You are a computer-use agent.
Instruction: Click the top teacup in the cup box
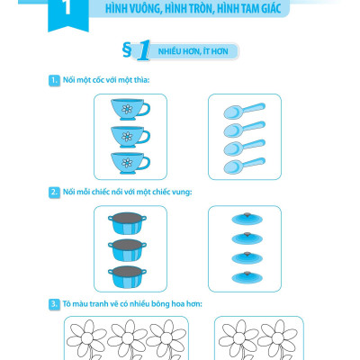coord(130,110)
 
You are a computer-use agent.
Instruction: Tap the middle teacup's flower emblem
coord(127,137)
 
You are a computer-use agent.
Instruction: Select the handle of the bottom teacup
coord(145,163)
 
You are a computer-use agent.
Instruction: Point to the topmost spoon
coord(244,111)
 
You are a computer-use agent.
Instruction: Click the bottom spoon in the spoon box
coord(244,166)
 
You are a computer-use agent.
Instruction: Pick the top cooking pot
coord(127,223)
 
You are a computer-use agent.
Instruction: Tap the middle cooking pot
coord(127,250)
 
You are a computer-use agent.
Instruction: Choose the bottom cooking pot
coord(127,276)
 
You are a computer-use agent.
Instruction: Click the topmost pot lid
coord(247,219)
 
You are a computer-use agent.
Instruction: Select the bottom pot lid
coord(247,277)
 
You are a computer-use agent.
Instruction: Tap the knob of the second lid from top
coord(247,234)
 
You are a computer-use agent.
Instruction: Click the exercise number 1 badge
coord(54,81)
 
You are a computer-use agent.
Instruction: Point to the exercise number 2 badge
coord(54,193)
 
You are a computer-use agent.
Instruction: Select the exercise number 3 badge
coord(54,304)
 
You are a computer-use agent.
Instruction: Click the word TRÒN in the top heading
coord(196,8)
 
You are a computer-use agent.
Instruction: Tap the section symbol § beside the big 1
coord(127,50)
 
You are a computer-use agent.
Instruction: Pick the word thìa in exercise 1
coord(140,80)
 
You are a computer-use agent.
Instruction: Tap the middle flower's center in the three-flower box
coord(127,337)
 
